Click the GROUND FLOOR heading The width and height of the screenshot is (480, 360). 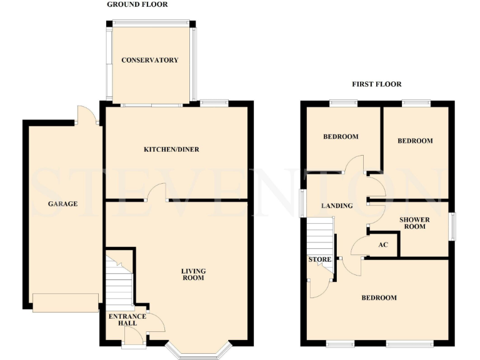[137, 4]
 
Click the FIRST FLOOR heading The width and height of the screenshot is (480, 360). [376, 84]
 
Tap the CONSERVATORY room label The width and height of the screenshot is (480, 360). [149, 60]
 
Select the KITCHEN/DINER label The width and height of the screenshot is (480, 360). [171, 149]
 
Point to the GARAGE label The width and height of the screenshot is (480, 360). [62, 204]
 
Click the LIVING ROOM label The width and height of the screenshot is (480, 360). [193, 274]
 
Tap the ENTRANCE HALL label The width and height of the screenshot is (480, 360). [127, 320]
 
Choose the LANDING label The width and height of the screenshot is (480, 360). [337, 206]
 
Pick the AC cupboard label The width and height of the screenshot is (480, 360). [384, 244]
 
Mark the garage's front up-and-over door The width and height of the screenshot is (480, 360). [66, 302]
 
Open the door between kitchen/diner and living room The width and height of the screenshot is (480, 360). [156, 192]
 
